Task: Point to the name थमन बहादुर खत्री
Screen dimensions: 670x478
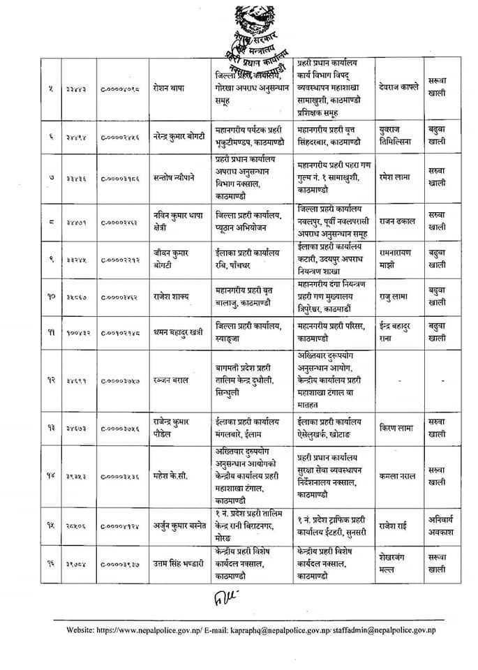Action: coord(180,332)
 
